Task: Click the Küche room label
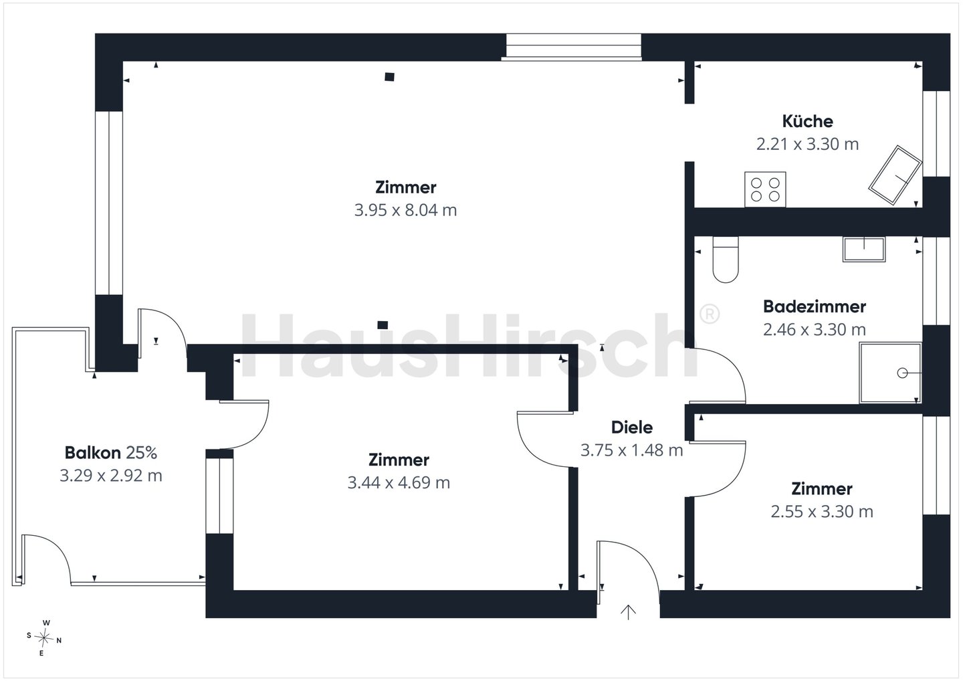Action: (807, 121)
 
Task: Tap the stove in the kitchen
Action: (765, 189)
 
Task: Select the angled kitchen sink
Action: (895, 175)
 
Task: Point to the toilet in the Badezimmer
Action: (726, 260)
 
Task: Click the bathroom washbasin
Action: (864, 249)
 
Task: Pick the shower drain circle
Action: (902, 373)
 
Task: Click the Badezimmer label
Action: (815, 306)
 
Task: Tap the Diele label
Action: (632, 427)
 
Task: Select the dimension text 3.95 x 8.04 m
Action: (405, 210)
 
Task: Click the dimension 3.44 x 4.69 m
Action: (399, 482)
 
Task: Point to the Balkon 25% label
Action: (111, 453)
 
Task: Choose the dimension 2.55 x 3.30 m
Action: (822, 512)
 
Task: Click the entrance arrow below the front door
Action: (628, 612)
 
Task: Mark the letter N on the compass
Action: (59, 641)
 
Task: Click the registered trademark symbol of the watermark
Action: (710, 314)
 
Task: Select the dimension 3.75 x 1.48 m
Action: (631, 450)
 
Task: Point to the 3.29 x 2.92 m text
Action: (111, 476)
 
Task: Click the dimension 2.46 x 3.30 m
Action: (815, 330)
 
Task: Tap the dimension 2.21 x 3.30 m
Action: (807, 144)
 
